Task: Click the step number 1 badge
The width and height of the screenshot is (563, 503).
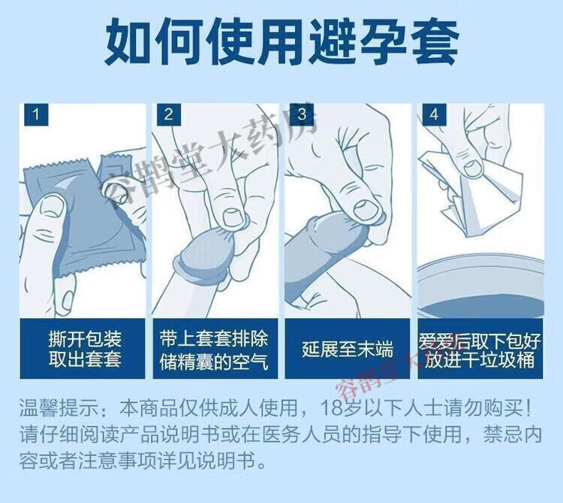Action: coord(36,115)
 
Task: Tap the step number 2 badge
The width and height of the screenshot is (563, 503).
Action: coord(169,115)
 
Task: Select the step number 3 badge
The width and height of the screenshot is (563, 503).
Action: coord(302,115)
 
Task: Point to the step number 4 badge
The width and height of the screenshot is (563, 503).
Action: coord(434,115)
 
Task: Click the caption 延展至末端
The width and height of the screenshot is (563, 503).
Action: coord(348,349)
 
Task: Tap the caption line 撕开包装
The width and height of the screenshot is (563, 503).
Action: coord(85,338)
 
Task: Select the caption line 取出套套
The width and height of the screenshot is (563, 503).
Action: coord(85,359)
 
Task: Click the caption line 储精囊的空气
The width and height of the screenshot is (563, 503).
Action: coord(214,362)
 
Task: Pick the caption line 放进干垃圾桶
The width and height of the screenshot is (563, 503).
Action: coord(480,360)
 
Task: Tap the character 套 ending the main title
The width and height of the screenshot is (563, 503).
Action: coord(435,42)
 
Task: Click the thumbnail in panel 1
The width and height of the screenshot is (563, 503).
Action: coord(51,206)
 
